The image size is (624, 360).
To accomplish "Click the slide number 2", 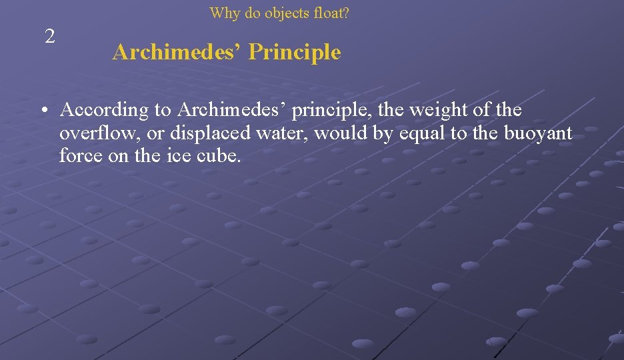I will [x=49, y=37].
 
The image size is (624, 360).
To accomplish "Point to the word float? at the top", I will [x=331, y=13].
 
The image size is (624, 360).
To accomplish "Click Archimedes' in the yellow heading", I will [x=176, y=52].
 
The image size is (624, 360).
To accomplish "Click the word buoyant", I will [x=537, y=133].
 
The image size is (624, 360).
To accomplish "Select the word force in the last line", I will [x=77, y=156].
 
